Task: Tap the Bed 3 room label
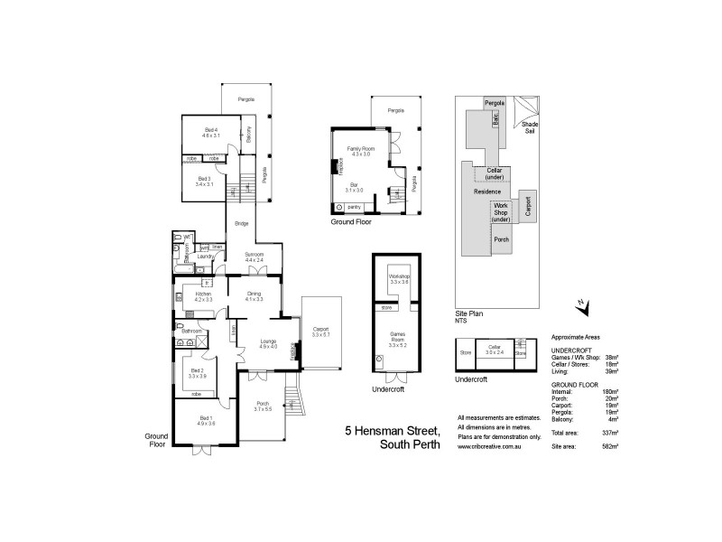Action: (x=204, y=179)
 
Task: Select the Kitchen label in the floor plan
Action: (x=204, y=294)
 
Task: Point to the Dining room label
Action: (x=254, y=294)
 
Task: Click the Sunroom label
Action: (x=255, y=255)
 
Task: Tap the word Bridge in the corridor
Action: (x=242, y=223)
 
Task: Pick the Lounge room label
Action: (x=267, y=341)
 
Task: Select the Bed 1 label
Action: (x=206, y=418)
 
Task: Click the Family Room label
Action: (x=360, y=150)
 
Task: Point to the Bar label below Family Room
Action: (x=354, y=185)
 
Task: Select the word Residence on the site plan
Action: (x=487, y=192)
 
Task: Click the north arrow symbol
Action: (x=582, y=307)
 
